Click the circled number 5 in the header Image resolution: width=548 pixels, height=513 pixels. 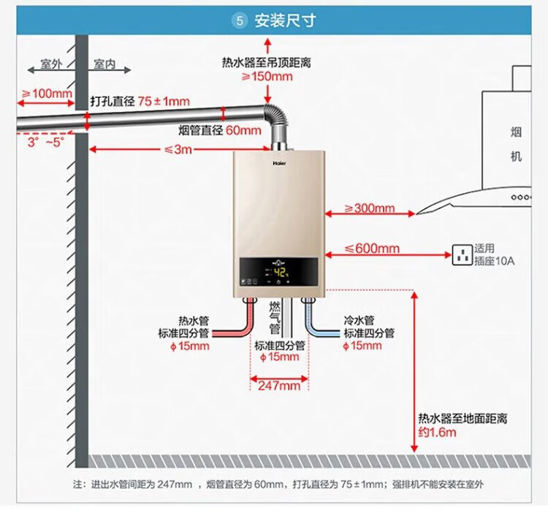tap(240, 20)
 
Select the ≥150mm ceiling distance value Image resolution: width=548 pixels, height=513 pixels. tap(267, 77)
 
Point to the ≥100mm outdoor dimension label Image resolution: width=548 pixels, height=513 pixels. tap(46, 94)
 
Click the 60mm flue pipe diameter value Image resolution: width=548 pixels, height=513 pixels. tap(243, 131)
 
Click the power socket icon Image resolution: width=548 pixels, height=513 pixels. tap(463, 255)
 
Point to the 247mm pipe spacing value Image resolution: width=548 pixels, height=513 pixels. tap(279, 385)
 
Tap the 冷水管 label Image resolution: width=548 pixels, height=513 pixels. tap(359, 320)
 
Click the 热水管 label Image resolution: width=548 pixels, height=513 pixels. tap(194, 320)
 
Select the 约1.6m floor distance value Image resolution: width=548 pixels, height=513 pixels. tap(437, 433)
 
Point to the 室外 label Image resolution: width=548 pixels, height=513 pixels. tap(50, 64)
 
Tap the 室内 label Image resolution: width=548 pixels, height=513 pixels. tap(105, 64)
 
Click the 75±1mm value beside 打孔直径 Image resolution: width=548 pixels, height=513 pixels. tap(164, 102)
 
